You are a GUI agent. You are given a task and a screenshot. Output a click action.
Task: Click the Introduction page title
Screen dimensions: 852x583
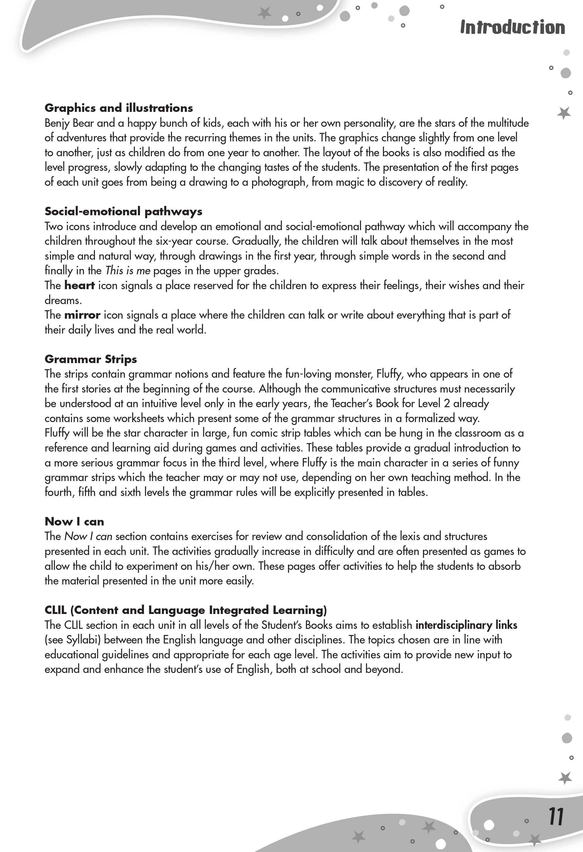point(512,27)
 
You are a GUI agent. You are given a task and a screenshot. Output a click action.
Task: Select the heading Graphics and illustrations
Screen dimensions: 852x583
point(119,108)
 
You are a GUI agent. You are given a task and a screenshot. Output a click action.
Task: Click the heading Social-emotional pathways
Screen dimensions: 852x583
point(124,211)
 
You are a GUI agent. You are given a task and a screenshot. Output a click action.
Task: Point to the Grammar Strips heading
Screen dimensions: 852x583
point(91,359)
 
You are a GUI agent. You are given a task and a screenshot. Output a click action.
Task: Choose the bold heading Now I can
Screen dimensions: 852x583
point(74,521)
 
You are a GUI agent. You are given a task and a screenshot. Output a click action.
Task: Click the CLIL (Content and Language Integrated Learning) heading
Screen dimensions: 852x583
point(185,610)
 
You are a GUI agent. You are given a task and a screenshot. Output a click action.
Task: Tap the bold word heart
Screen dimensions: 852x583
point(79,285)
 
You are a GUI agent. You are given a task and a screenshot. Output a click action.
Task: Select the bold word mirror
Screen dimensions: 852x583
point(82,315)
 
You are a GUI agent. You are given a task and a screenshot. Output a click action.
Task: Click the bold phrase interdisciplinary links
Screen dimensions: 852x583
point(466,625)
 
